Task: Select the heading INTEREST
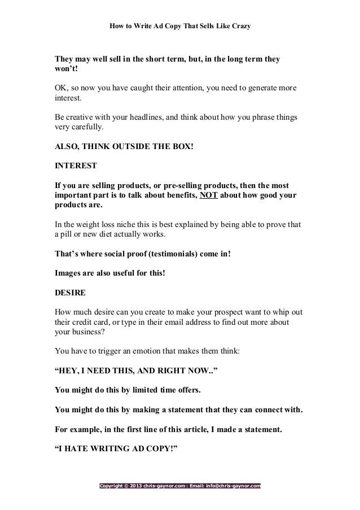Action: [75, 167]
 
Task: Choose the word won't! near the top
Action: [64, 69]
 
